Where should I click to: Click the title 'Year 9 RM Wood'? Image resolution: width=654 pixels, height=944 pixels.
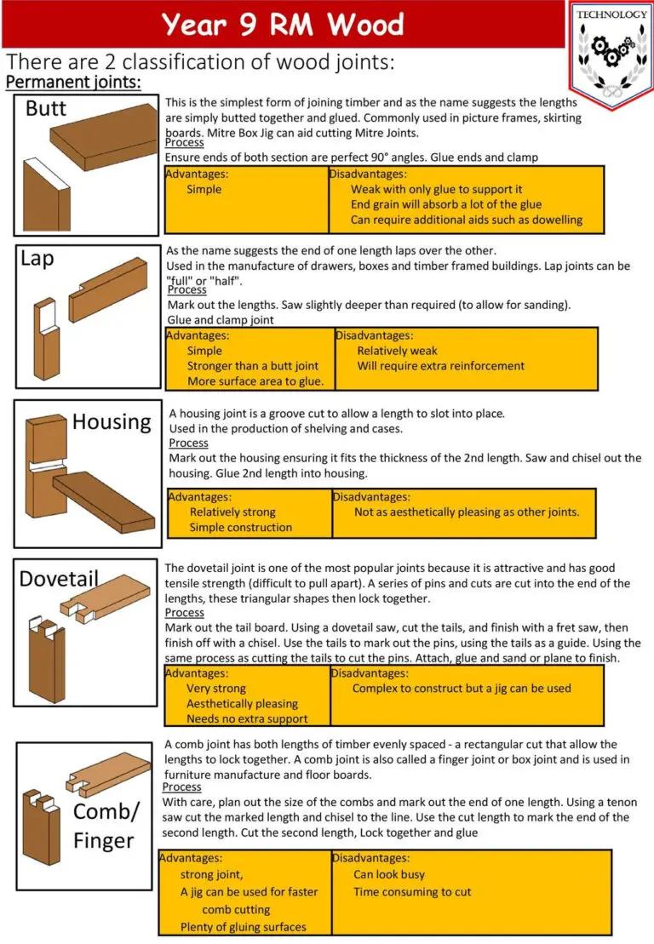click(283, 24)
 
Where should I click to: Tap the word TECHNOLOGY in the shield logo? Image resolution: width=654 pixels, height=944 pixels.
click(611, 14)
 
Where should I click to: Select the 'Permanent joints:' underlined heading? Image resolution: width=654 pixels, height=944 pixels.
click(73, 83)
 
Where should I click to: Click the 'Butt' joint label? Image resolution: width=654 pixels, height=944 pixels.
click(46, 109)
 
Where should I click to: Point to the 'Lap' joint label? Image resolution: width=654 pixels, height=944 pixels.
click(37, 259)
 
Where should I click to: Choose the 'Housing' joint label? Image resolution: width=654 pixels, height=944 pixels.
click(112, 421)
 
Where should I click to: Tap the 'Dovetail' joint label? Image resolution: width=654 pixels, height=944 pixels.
click(60, 579)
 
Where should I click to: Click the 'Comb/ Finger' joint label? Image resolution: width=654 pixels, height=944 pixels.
click(105, 826)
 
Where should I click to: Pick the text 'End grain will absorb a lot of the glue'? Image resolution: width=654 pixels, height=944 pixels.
click(446, 204)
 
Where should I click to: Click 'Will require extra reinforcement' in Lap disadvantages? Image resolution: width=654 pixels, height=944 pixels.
click(440, 366)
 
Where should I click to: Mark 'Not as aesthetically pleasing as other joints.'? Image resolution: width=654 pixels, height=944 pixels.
click(467, 512)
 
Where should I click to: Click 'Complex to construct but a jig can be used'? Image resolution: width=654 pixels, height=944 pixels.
click(462, 688)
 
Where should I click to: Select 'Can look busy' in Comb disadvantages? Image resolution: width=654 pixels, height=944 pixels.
click(389, 874)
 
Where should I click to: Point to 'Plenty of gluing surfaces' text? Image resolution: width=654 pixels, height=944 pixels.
click(244, 927)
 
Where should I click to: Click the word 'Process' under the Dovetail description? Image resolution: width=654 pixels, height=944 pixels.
click(184, 613)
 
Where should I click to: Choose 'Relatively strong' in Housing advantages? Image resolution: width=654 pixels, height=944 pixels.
click(232, 512)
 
